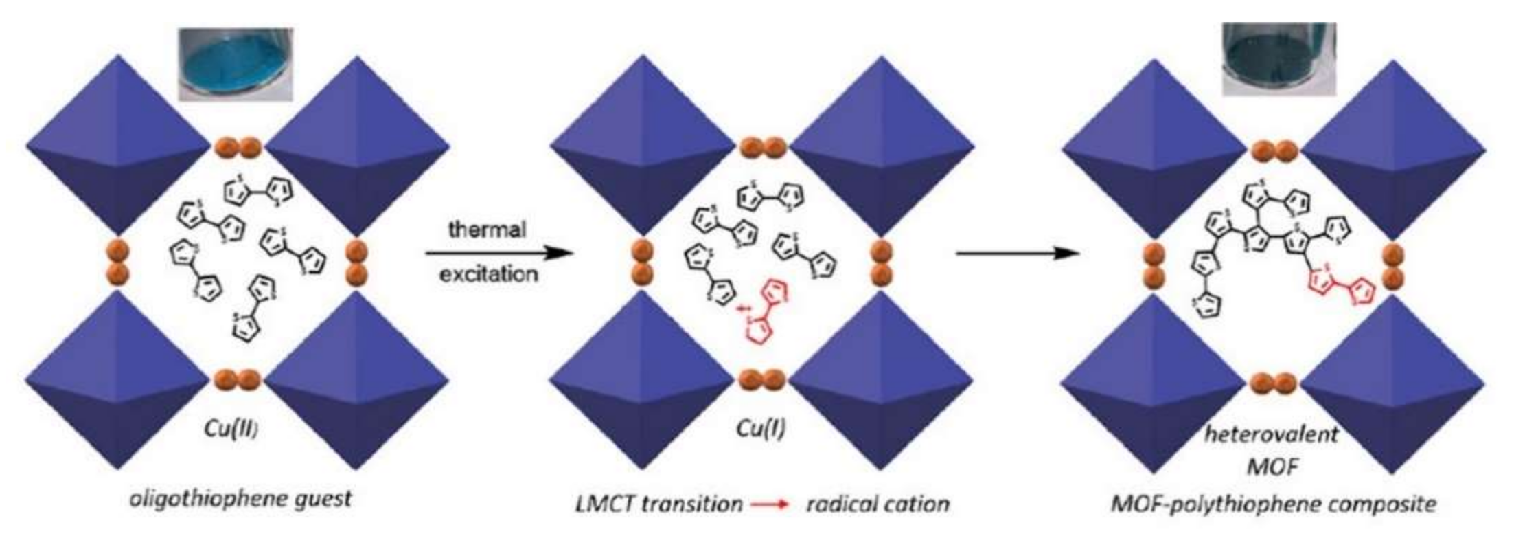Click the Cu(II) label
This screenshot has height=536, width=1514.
tap(231, 428)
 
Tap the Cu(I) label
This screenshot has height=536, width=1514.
tap(760, 429)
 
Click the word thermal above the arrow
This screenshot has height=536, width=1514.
tap(488, 228)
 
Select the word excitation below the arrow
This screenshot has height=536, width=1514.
tap(488, 274)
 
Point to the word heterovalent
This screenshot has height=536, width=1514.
tap(1272, 434)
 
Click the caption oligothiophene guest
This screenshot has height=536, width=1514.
tap(240, 498)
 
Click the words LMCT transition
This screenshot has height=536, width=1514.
tap(658, 504)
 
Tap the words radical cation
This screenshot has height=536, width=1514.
tap(878, 504)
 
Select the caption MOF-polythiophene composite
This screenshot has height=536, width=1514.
tap(1273, 504)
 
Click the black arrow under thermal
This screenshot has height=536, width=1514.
tap(498, 253)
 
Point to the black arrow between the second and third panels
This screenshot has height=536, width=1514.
tap(1017, 253)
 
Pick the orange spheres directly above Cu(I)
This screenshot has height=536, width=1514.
tap(761, 379)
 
